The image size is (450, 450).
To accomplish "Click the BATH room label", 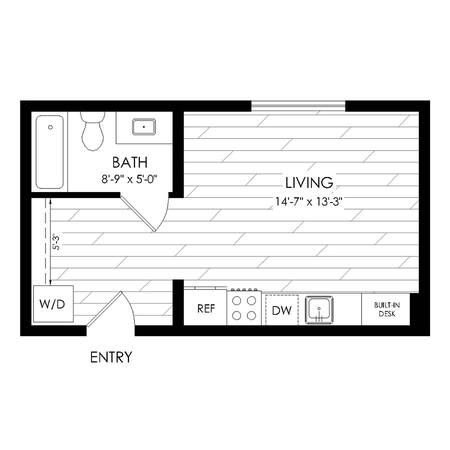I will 129,162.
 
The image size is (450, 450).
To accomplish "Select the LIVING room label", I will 309,182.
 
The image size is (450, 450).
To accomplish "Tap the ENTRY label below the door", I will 111,357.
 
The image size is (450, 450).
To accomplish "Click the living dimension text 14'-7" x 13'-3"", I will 310,202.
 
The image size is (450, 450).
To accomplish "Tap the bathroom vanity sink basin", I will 143,127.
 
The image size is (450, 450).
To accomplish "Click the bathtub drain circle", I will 50,127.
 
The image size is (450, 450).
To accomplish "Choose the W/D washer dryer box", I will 53,304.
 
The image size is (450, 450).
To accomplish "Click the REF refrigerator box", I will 205,308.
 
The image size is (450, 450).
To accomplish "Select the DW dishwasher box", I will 281,310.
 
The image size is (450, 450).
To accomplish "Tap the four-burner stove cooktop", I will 244,308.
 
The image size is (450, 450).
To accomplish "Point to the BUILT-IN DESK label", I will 386,309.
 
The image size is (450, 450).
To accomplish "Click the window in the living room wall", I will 298,105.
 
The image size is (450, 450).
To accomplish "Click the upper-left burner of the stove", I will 237,300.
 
